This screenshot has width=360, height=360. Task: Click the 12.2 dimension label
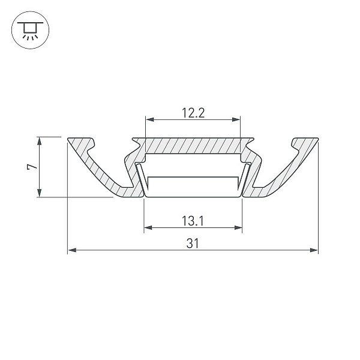(193, 113)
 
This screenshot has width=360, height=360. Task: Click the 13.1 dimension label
(193, 221)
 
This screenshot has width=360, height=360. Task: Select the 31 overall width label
(193, 244)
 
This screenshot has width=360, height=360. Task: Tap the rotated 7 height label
(32, 166)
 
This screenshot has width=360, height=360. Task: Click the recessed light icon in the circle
(30, 30)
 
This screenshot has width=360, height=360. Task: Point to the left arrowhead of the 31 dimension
(72, 250)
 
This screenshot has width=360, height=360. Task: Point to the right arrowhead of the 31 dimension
(314, 250)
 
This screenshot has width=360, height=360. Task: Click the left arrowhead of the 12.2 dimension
(150, 119)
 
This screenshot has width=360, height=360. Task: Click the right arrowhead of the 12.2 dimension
(236, 119)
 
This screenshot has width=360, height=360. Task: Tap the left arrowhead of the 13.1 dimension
(148, 228)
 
